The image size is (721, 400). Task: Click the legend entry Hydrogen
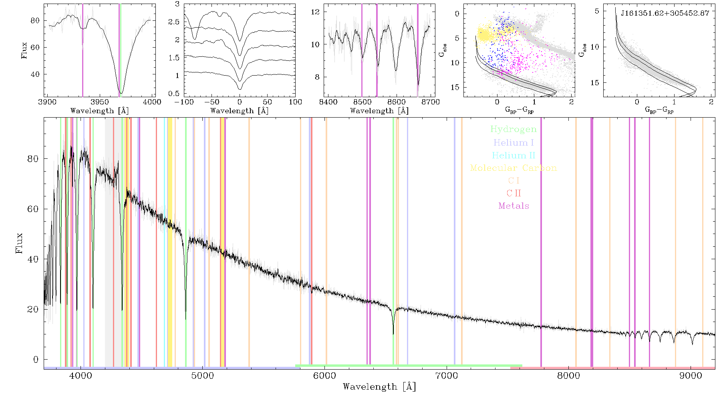[513, 130]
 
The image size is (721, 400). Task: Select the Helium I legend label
[514, 142]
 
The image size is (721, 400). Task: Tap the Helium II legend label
[514, 155]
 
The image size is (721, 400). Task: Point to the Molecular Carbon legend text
[514, 168]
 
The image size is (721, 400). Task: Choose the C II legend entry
[514, 193]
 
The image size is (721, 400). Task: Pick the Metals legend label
[514, 206]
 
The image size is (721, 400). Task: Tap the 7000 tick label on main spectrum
[447, 376]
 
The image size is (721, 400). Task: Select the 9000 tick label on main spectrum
[691, 376]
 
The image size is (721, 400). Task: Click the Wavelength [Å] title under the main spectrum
[379, 387]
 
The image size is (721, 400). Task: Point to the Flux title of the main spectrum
[19, 243]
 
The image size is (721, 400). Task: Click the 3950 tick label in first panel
[100, 102]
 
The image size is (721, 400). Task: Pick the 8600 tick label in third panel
[396, 102]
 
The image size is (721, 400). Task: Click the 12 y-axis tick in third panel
[316, 12]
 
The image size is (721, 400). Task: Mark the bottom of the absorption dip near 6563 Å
[393, 334]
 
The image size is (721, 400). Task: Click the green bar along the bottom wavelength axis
[409, 366]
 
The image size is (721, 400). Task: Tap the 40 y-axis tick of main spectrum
[33, 259]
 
